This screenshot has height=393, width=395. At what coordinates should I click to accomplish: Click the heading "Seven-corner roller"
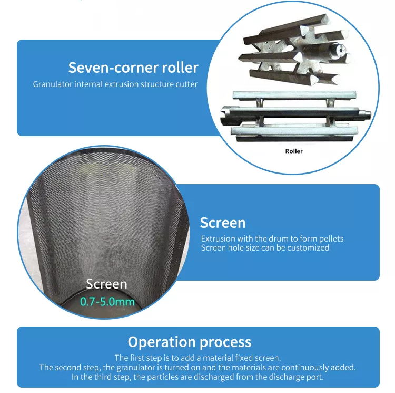click(133, 68)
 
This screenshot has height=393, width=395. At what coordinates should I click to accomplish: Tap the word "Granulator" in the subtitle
click(53, 84)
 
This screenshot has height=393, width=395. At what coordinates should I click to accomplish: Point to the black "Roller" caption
click(294, 151)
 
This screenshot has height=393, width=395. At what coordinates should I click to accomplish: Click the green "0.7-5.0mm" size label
click(107, 302)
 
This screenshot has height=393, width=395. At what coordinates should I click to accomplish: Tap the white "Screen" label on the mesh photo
click(106, 284)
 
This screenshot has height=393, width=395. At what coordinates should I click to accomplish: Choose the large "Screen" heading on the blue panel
click(223, 223)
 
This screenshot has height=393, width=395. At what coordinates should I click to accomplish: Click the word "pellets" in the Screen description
click(331, 239)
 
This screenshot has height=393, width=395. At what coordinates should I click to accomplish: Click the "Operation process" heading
click(190, 342)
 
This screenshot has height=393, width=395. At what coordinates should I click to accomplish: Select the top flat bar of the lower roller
click(294, 95)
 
